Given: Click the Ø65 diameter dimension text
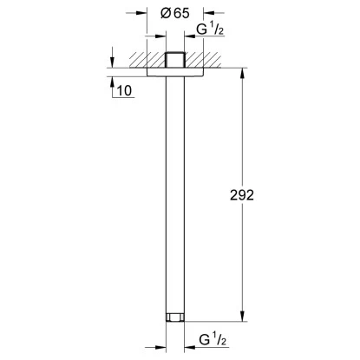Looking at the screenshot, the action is (175, 13).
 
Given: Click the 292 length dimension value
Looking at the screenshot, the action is (242, 195).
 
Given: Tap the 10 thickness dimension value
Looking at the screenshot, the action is (124, 90).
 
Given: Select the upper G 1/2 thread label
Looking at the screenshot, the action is (210, 29).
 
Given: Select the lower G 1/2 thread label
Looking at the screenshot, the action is (213, 339).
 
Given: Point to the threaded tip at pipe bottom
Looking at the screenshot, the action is (175, 317).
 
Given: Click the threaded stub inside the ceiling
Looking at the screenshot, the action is (175, 60).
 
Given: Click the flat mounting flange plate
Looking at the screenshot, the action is (175, 72).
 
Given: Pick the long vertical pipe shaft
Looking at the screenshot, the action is (175, 194).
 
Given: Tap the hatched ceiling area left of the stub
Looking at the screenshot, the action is (147, 60).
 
